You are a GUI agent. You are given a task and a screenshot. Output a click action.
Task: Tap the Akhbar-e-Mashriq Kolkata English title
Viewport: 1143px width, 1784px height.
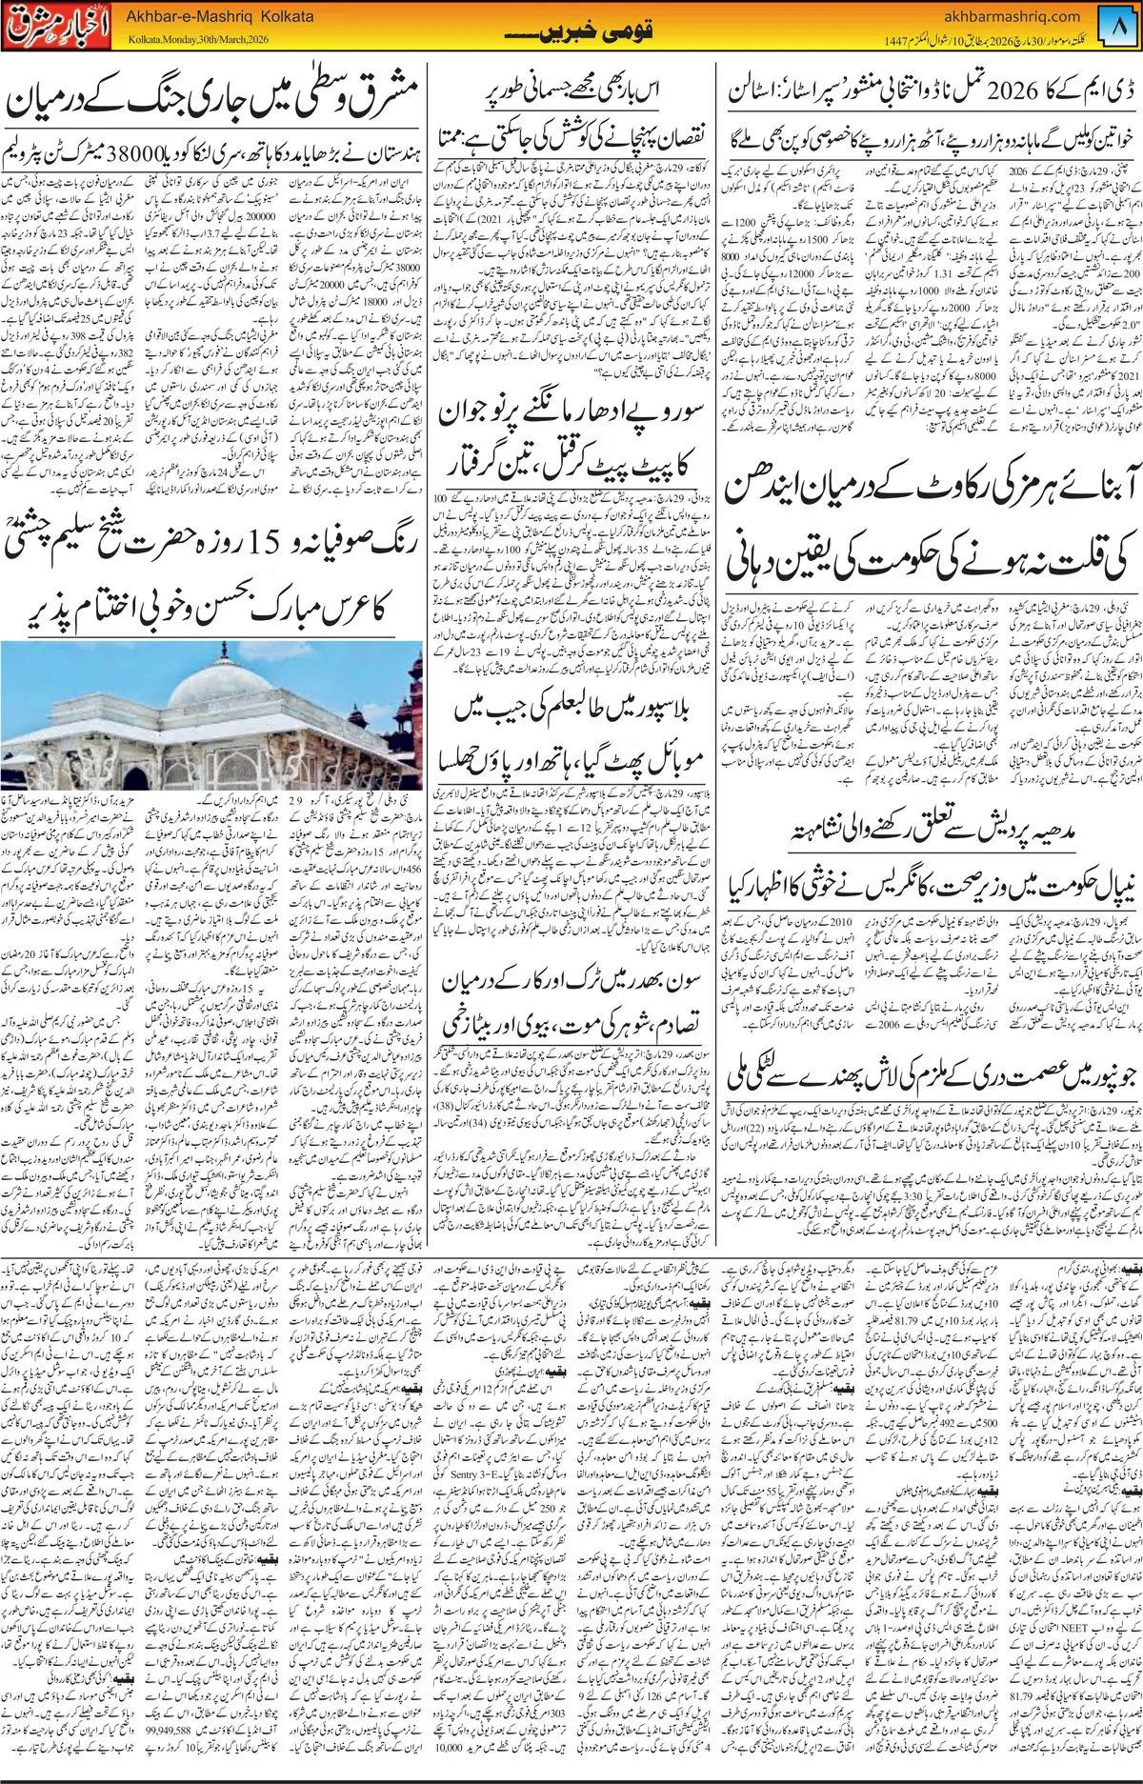coord(213,16)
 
